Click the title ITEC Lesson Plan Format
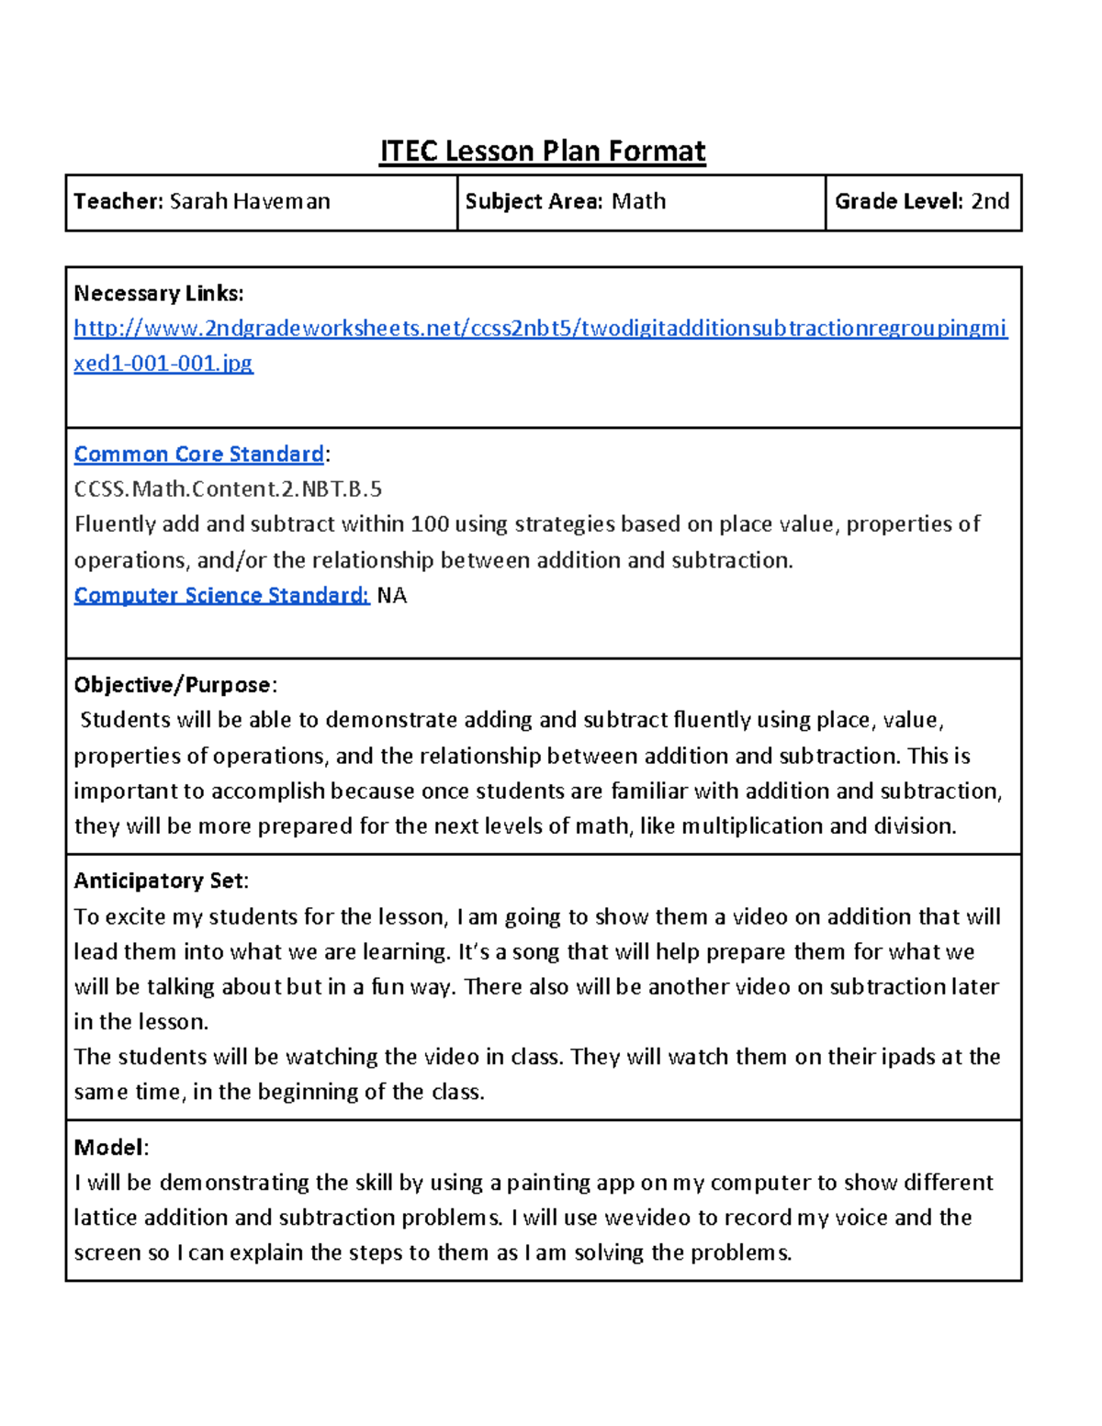(x=543, y=152)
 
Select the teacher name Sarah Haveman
(x=250, y=202)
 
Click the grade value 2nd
(x=990, y=202)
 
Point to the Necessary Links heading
(x=159, y=294)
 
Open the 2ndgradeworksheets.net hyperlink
(x=540, y=329)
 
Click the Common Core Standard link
(x=198, y=455)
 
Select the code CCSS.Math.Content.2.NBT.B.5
(x=228, y=489)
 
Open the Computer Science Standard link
(x=221, y=596)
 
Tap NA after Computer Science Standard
(x=392, y=596)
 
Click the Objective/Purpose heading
(x=173, y=685)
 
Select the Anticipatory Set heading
(x=159, y=881)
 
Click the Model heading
(x=109, y=1148)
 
